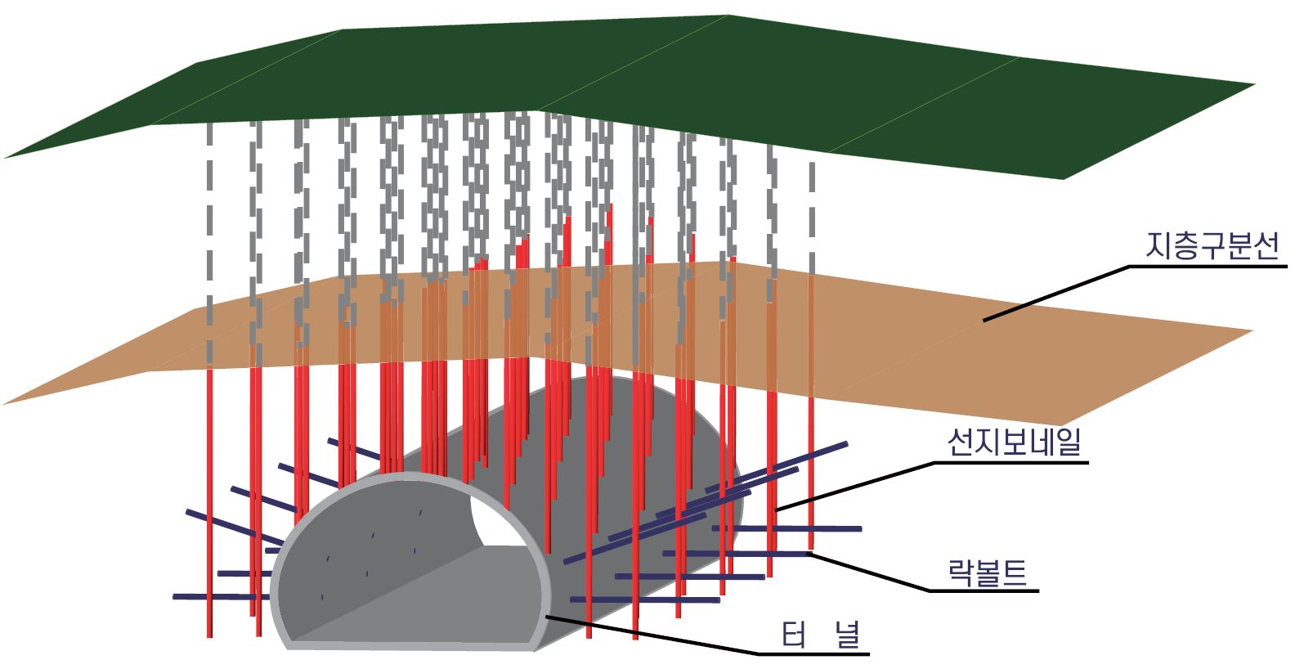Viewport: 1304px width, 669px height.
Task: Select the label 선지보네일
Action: tap(1014, 442)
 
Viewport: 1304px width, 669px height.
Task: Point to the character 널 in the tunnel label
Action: tap(849, 634)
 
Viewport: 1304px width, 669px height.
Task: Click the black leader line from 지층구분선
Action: tap(1055, 293)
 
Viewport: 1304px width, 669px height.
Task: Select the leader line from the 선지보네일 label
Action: tap(858, 484)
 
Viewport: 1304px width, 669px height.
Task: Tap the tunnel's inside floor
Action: tap(425, 605)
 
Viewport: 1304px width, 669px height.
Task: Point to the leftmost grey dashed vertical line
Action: tap(209, 245)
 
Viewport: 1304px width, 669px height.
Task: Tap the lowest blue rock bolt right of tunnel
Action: tap(646, 599)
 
